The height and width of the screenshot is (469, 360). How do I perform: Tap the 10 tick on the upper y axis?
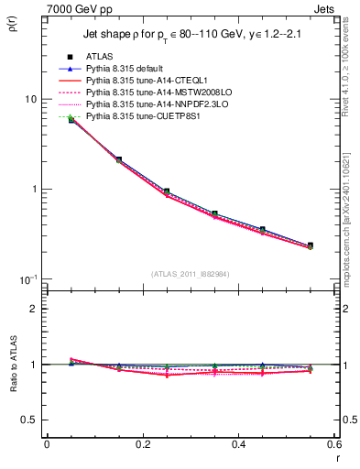point(30,99)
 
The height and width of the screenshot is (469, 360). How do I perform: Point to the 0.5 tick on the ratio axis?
point(29,420)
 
